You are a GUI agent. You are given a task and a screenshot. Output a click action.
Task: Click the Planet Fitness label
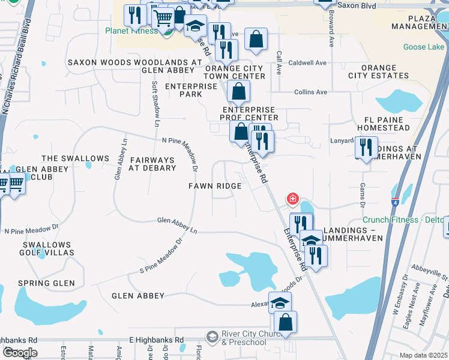131,31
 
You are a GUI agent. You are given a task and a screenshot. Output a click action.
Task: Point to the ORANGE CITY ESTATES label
378,72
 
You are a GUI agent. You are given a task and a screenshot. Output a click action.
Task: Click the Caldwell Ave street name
307,62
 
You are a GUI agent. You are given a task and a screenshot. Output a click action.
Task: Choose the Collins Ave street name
310,92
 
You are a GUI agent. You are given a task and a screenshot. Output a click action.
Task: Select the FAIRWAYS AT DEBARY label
152,164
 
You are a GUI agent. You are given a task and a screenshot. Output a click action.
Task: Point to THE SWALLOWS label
75,158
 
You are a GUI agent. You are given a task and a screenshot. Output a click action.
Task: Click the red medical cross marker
293,198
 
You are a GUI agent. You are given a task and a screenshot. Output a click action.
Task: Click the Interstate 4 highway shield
396,202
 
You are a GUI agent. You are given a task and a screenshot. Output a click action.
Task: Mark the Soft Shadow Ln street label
156,103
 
